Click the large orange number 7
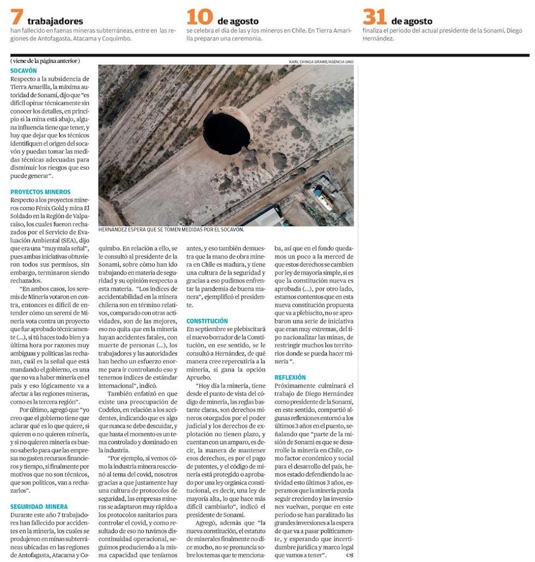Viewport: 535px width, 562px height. pyautogui.click(x=17, y=17)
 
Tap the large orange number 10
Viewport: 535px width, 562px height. pyautogui.click(x=200, y=17)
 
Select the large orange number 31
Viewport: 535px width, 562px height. pyautogui.click(x=375, y=17)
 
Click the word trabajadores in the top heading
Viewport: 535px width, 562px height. pyautogui.click(x=55, y=21)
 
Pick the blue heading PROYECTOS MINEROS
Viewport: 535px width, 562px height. pyautogui.click(x=40, y=192)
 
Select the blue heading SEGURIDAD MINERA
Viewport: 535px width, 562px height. pyautogui.click(x=39, y=506)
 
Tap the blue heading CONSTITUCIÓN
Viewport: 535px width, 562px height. pyautogui.click(x=207, y=321)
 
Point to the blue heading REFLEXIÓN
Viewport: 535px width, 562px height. pyautogui.click(x=290, y=378)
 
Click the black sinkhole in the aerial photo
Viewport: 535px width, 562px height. pyautogui.click(x=224, y=133)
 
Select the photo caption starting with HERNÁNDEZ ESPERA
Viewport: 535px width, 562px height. pyautogui.click(x=171, y=230)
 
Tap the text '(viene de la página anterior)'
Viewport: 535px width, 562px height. pyautogui.click(x=45, y=61)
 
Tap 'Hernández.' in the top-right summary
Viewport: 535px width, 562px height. pyautogui.click(x=378, y=39)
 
